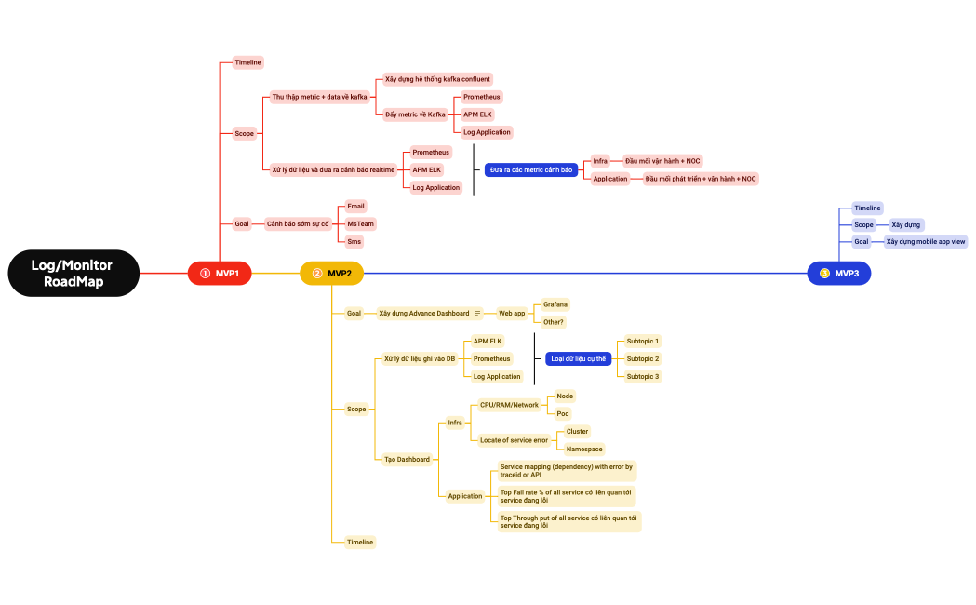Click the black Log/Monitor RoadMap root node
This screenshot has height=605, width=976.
[74, 274]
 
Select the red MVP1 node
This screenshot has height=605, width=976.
[220, 274]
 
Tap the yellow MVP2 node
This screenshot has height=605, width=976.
[331, 274]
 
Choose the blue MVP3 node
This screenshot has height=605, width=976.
[839, 274]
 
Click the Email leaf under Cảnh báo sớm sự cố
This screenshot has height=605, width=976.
[355, 206]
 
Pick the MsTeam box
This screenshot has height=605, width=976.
[361, 223]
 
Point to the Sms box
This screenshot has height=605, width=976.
[354, 241]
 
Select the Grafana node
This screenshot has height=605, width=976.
[555, 304]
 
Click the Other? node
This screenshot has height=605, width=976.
[553, 322]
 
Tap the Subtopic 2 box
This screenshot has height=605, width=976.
[642, 358]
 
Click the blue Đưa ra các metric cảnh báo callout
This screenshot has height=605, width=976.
[531, 170]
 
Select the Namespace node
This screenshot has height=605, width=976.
[583, 449]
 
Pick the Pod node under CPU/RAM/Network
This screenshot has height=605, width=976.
[562, 413]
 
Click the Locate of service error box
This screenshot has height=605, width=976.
[514, 440]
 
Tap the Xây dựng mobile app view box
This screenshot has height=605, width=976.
[925, 241]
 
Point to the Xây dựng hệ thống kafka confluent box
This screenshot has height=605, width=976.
[437, 79]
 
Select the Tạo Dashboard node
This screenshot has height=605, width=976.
[407, 459]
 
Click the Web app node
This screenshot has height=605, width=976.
[512, 313]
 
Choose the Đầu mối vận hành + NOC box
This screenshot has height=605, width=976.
[662, 161]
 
